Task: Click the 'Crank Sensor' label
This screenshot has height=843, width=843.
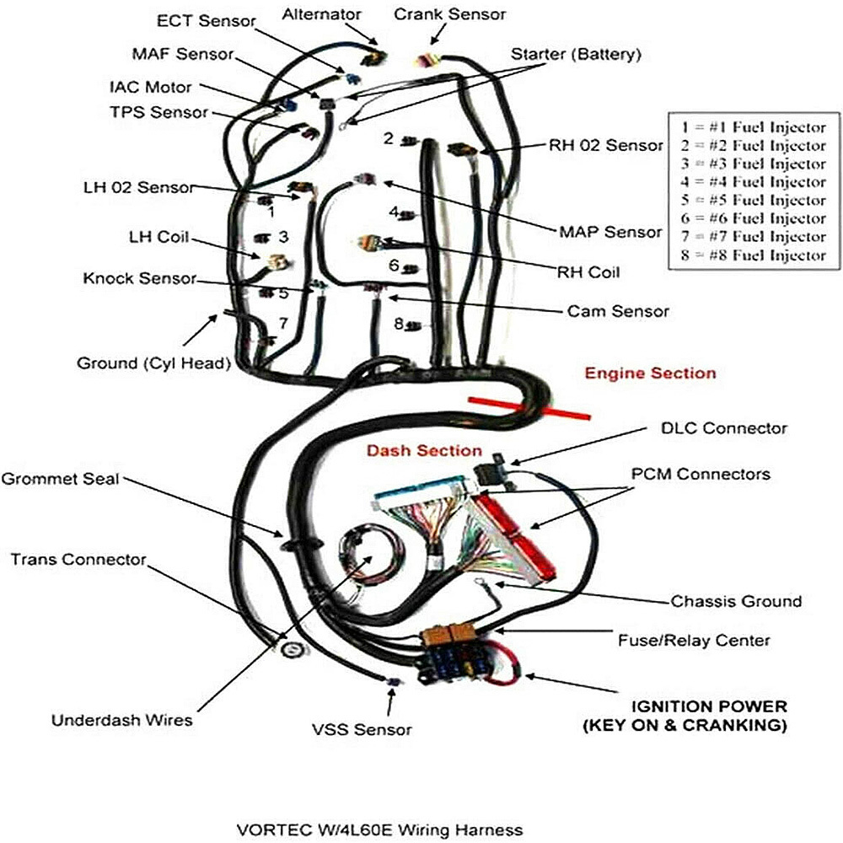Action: point(451,14)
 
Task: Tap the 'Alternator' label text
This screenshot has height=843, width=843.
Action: point(322,14)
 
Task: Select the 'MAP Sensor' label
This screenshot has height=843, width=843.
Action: point(610,231)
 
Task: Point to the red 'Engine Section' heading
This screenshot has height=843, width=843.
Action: point(651,373)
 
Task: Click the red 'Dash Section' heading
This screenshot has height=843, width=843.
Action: point(424,451)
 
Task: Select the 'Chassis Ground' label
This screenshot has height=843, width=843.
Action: point(736,601)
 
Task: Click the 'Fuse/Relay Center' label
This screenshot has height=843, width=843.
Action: point(706,641)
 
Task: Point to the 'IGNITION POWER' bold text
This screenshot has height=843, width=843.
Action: point(709,706)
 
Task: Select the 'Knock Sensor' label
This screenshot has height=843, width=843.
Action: point(140,278)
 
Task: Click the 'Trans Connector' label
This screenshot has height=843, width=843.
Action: point(78,559)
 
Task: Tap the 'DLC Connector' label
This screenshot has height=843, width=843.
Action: point(723,428)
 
